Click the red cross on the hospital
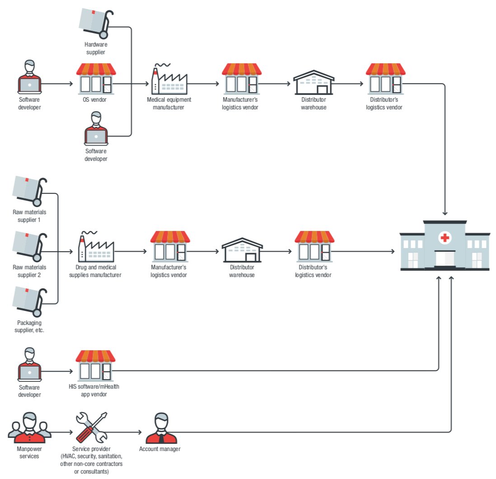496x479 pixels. coord(445,238)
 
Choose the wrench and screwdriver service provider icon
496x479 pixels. coord(91,427)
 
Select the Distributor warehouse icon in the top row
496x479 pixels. coord(314,82)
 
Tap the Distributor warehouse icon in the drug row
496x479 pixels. coord(242,249)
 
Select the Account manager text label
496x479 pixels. coord(160,449)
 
